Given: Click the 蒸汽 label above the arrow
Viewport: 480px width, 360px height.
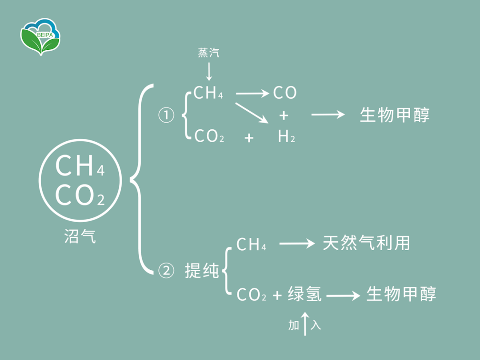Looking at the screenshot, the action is pyautogui.click(x=208, y=53).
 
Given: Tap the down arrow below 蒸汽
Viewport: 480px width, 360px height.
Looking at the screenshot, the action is pyautogui.click(x=209, y=71).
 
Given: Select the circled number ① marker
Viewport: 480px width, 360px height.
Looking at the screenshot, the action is pyautogui.click(x=166, y=116).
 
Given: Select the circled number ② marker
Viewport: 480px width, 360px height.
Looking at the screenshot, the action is pyautogui.click(x=166, y=271).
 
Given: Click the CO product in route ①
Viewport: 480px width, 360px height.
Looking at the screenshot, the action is pyautogui.click(x=284, y=93).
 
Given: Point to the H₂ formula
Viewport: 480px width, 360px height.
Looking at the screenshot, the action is pyautogui.click(x=286, y=137).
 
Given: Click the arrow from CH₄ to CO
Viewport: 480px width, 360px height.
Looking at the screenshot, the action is pyautogui.click(x=252, y=93).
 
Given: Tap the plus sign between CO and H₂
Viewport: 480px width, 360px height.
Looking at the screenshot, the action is pyautogui.click(x=284, y=116).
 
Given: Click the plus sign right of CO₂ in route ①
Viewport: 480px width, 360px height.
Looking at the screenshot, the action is pyautogui.click(x=249, y=138).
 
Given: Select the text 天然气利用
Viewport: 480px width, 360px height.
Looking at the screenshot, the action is pyautogui.click(x=366, y=243).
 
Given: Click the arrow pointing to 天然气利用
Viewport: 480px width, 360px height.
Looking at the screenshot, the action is pyautogui.click(x=296, y=244).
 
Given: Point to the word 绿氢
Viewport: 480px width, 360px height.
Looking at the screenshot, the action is pyautogui.click(x=304, y=294).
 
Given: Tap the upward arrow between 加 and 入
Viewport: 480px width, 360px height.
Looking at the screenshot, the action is pyautogui.click(x=305, y=323).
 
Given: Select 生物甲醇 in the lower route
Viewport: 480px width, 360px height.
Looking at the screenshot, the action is pyautogui.click(x=401, y=294).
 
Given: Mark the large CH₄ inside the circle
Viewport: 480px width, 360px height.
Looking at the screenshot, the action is pyautogui.click(x=80, y=166).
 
